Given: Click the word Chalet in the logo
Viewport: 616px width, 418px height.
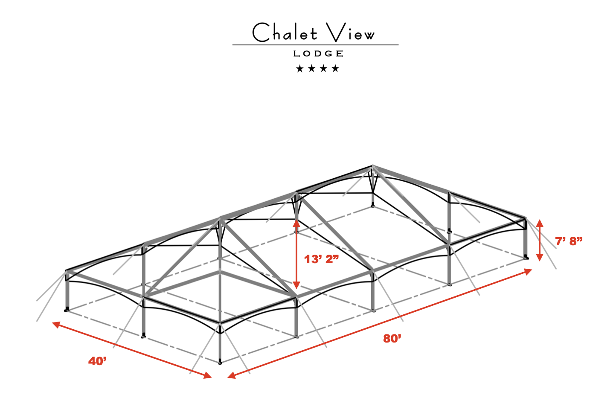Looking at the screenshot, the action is pyautogui.click(x=285, y=32).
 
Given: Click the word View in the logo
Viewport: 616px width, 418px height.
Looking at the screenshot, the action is pyautogui.click(x=350, y=32).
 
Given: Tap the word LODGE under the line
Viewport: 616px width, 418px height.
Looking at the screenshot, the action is pyautogui.click(x=318, y=54).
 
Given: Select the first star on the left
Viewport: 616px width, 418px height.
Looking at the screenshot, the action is pyautogui.click(x=300, y=69).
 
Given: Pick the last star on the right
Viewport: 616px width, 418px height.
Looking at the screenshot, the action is pyautogui.click(x=335, y=69).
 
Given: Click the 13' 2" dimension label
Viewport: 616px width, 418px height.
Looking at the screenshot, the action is pyautogui.click(x=321, y=259).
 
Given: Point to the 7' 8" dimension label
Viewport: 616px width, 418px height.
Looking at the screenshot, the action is pyautogui.click(x=569, y=241).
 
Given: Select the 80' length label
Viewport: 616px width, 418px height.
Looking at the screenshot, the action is pyautogui.click(x=392, y=339).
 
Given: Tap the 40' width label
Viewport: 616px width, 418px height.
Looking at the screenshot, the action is pyautogui.click(x=97, y=361).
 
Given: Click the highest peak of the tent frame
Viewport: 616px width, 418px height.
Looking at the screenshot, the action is pyautogui.click(x=372, y=166).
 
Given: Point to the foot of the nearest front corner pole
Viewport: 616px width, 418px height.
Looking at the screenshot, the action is pyautogui.click(x=220, y=363).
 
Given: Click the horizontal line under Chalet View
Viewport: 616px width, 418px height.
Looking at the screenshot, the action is pyautogui.click(x=315, y=45).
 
